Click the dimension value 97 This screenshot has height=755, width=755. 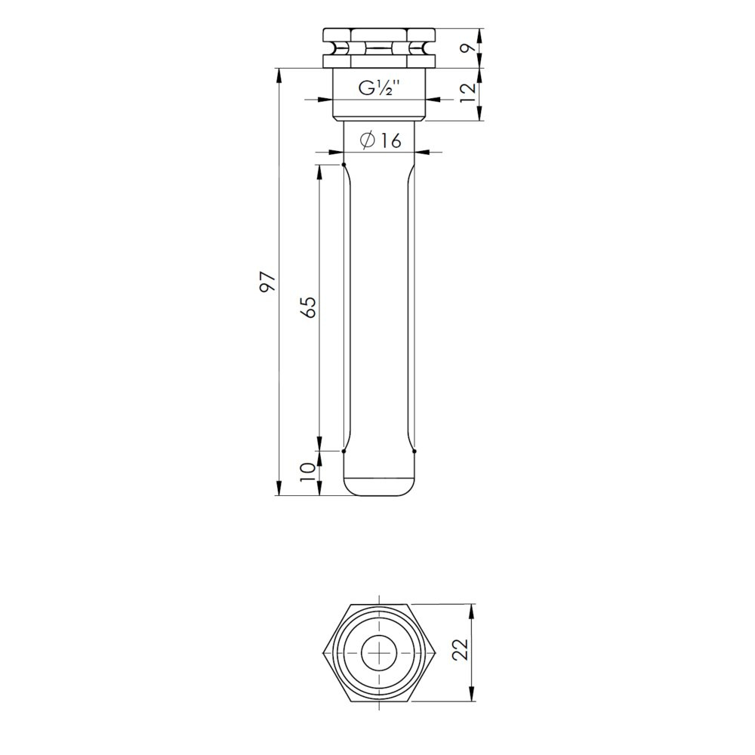point(268,282)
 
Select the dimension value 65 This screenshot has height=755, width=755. point(308,307)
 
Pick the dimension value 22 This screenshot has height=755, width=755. point(461,651)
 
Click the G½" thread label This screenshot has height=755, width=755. point(380,88)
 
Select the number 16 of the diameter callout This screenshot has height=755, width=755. point(391,140)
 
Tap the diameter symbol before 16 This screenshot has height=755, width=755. point(368,140)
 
